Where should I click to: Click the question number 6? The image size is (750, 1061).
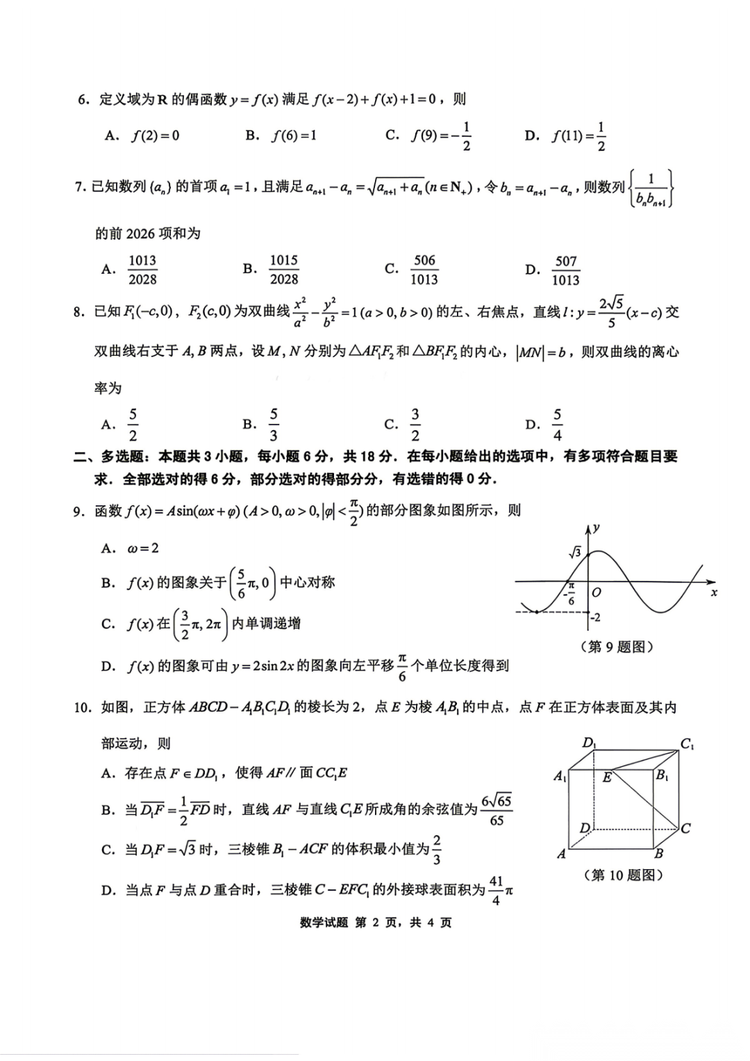click(x=83, y=99)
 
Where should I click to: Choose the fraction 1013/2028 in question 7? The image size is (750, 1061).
click(x=142, y=270)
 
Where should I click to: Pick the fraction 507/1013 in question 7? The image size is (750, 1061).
click(x=565, y=270)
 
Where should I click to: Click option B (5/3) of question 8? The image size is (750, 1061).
click(x=274, y=425)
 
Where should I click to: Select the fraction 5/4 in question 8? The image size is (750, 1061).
click(x=557, y=425)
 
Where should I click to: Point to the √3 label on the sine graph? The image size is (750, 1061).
click(x=575, y=553)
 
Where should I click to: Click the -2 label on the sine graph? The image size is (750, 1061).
click(x=594, y=617)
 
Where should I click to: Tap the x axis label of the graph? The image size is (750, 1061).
click(x=713, y=592)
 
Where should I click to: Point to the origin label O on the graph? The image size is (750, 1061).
click(x=596, y=593)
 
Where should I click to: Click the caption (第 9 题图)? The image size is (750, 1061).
click(x=617, y=647)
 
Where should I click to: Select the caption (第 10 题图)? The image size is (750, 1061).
click(x=623, y=875)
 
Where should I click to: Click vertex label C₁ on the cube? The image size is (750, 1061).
click(x=686, y=744)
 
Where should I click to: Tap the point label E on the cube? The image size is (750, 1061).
click(x=607, y=778)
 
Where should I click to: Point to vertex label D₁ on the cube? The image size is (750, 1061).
click(x=589, y=743)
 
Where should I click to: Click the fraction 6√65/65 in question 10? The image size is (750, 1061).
click(x=497, y=810)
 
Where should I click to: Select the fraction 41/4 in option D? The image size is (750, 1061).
click(x=496, y=891)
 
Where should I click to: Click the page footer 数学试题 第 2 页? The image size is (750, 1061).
click(x=376, y=923)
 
